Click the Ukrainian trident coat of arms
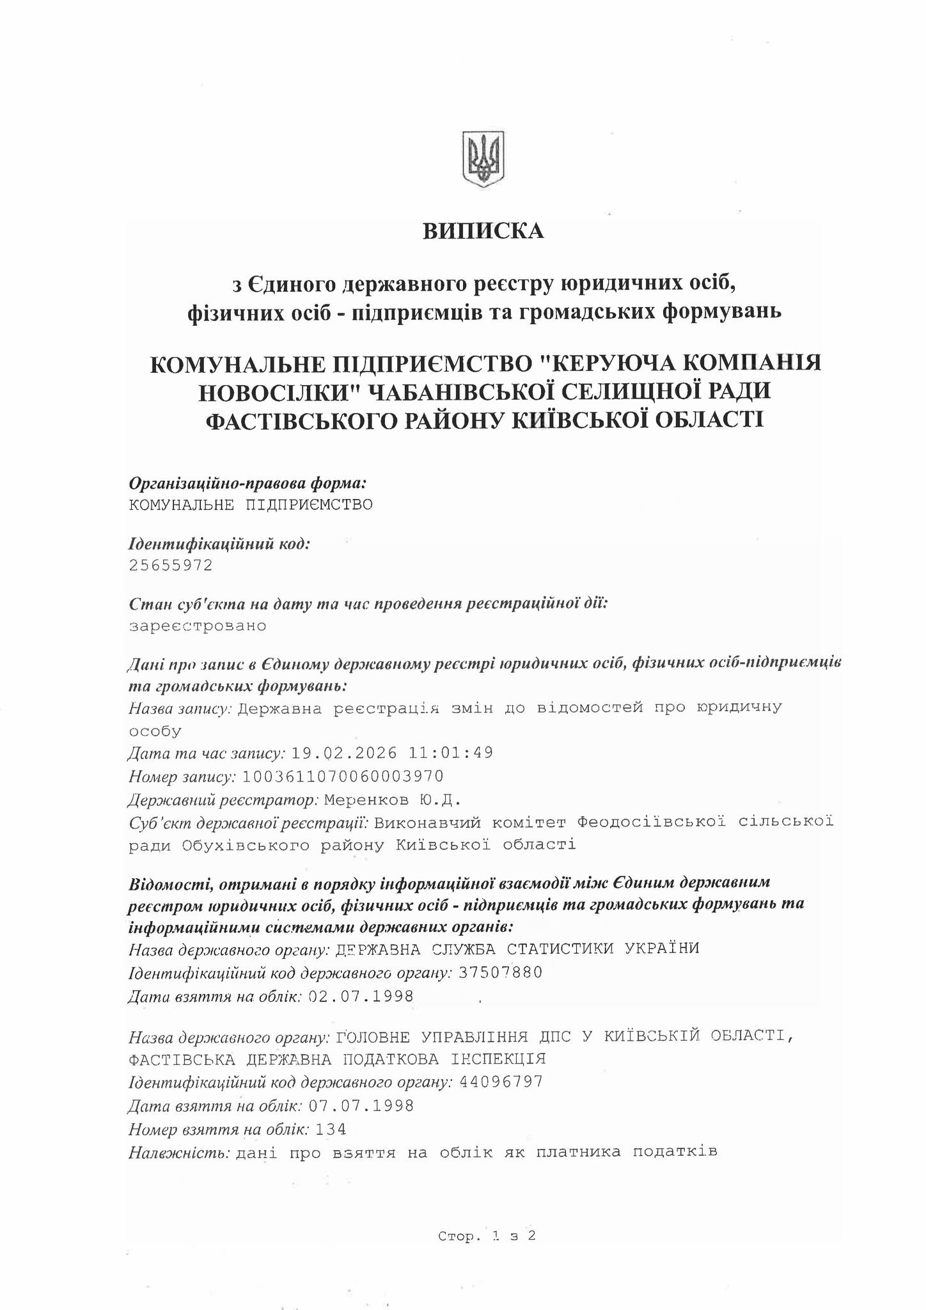point(483,159)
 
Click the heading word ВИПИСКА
point(483,231)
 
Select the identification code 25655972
point(171,565)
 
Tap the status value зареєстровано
point(198,626)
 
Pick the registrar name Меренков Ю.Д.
point(392,800)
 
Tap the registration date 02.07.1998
point(361,997)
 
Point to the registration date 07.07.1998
point(361,1106)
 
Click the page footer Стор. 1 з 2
point(487,1236)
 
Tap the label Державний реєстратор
point(223,800)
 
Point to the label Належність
point(179,1153)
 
